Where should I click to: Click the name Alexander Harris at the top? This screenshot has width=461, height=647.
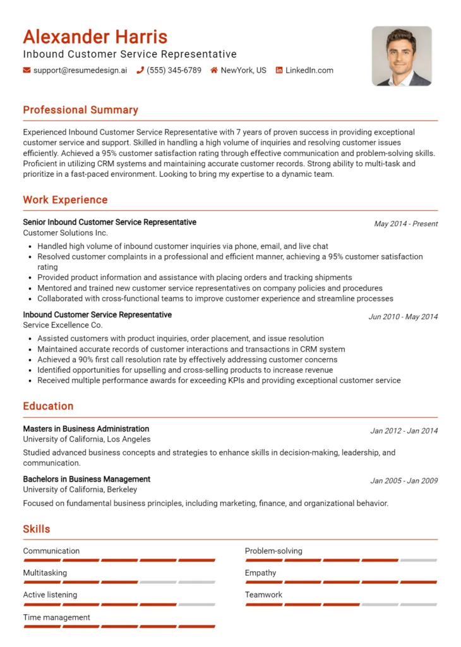(x=95, y=37)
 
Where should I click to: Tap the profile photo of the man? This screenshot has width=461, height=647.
(x=402, y=56)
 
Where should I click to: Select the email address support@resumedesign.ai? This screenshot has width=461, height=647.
(x=80, y=70)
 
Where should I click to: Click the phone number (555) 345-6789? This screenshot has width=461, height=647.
(x=174, y=70)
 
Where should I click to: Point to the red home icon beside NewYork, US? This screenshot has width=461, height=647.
(x=214, y=70)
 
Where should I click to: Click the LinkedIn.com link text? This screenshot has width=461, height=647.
(x=309, y=70)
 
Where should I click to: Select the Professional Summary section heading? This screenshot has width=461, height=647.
(x=80, y=110)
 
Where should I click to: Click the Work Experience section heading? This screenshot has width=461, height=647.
(x=65, y=200)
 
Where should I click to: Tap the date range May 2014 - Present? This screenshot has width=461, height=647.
(x=405, y=224)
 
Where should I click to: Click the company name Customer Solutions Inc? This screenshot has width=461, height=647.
(x=66, y=233)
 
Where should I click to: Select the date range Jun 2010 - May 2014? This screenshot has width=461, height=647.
(x=403, y=317)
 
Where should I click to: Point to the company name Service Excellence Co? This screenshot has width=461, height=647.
(x=63, y=325)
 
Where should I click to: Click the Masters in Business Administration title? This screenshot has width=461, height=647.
(x=86, y=428)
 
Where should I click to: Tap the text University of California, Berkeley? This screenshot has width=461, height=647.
(x=80, y=489)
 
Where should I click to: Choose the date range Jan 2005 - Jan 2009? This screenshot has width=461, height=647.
(x=404, y=481)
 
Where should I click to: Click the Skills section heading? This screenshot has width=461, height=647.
(x=37, y=529)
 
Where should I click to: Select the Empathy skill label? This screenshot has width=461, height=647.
(x=260, y=572)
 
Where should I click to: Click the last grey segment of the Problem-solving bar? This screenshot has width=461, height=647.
(x=418, y=560)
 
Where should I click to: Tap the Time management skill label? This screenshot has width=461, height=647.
(x=56, y=617)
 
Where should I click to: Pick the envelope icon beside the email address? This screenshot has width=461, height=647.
(x=27, y=70)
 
